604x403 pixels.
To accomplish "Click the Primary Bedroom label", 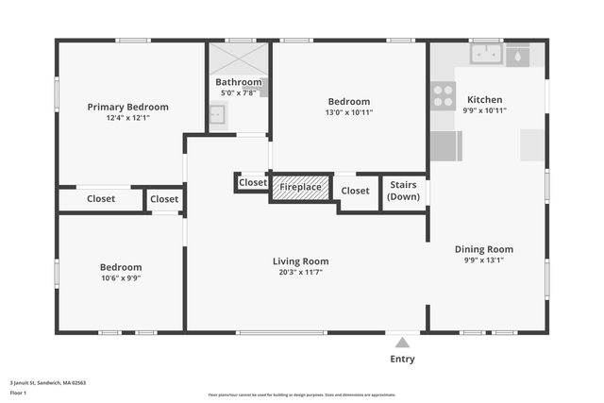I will tap(128, 107).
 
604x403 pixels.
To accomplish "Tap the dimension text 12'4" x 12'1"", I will tap(128, 118).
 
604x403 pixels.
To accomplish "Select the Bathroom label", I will tap(238, 82).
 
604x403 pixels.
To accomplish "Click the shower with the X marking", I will tap(238, 59).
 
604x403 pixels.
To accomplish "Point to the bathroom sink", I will tap(216, 115).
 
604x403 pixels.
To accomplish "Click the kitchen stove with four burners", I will tap(443, 94).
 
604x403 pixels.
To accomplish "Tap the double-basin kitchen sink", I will tap(487, 55).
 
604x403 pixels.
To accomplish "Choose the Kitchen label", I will tap(484, 99).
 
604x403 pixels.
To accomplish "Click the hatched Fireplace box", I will tap(300, 188).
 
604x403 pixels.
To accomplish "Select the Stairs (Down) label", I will tap(404, 192).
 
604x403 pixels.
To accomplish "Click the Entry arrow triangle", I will tap(402, 343).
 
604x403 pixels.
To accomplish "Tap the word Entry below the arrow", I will tap(402, 359).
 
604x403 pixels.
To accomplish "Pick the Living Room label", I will tap(301, 261).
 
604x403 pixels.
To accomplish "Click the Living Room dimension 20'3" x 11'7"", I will tap(301, 273).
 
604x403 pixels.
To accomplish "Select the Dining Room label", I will tap(484, 249).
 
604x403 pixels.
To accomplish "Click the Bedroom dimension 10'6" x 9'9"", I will tap(122, 278).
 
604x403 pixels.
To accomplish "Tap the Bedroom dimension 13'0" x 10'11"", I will tap(349, 112).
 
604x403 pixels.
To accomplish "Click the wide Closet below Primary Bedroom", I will tap(101, 199).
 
